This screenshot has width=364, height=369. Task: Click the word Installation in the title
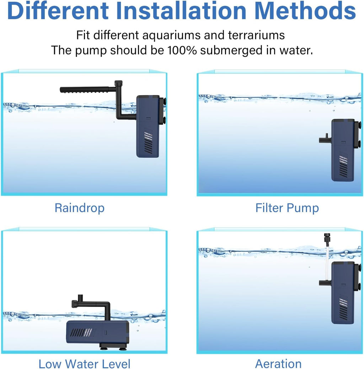181,11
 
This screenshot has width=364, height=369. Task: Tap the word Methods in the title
305,11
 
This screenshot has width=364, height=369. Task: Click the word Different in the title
58,11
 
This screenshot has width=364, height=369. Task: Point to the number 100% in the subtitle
182,50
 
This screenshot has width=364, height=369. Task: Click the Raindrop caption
80,208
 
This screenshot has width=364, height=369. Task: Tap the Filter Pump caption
287,208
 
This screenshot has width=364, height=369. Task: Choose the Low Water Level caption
84,364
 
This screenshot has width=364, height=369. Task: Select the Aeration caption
278,364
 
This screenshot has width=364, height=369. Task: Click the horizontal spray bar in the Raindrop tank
84,90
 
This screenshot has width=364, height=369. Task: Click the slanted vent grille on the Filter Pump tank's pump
343,166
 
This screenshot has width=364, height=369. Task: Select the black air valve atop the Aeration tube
326,238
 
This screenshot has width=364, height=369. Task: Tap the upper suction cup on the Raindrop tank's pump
164,101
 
